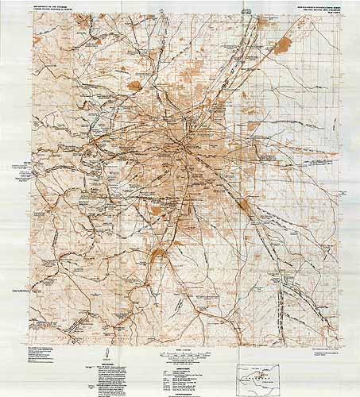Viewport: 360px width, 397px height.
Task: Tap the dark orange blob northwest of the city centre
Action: (x=135, y=84)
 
